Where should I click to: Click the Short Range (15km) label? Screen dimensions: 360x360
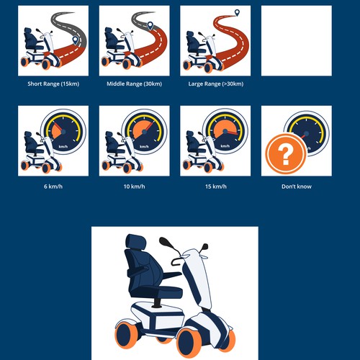(x=53, y=84)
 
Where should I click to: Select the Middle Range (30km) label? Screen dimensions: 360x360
(x=134, y=84)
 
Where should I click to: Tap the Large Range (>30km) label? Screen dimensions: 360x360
(x=215, y=84)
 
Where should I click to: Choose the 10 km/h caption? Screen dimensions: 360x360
(x=134, y=186)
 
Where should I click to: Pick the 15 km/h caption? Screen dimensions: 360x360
(x=215, y=186)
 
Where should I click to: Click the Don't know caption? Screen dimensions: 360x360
(x=296, y=186)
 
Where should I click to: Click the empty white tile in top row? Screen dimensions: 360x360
(x=296, y=40)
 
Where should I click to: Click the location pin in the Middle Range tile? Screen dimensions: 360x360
(x=150, y=26)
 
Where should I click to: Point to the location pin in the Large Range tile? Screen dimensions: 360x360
(x=237, y=13)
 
